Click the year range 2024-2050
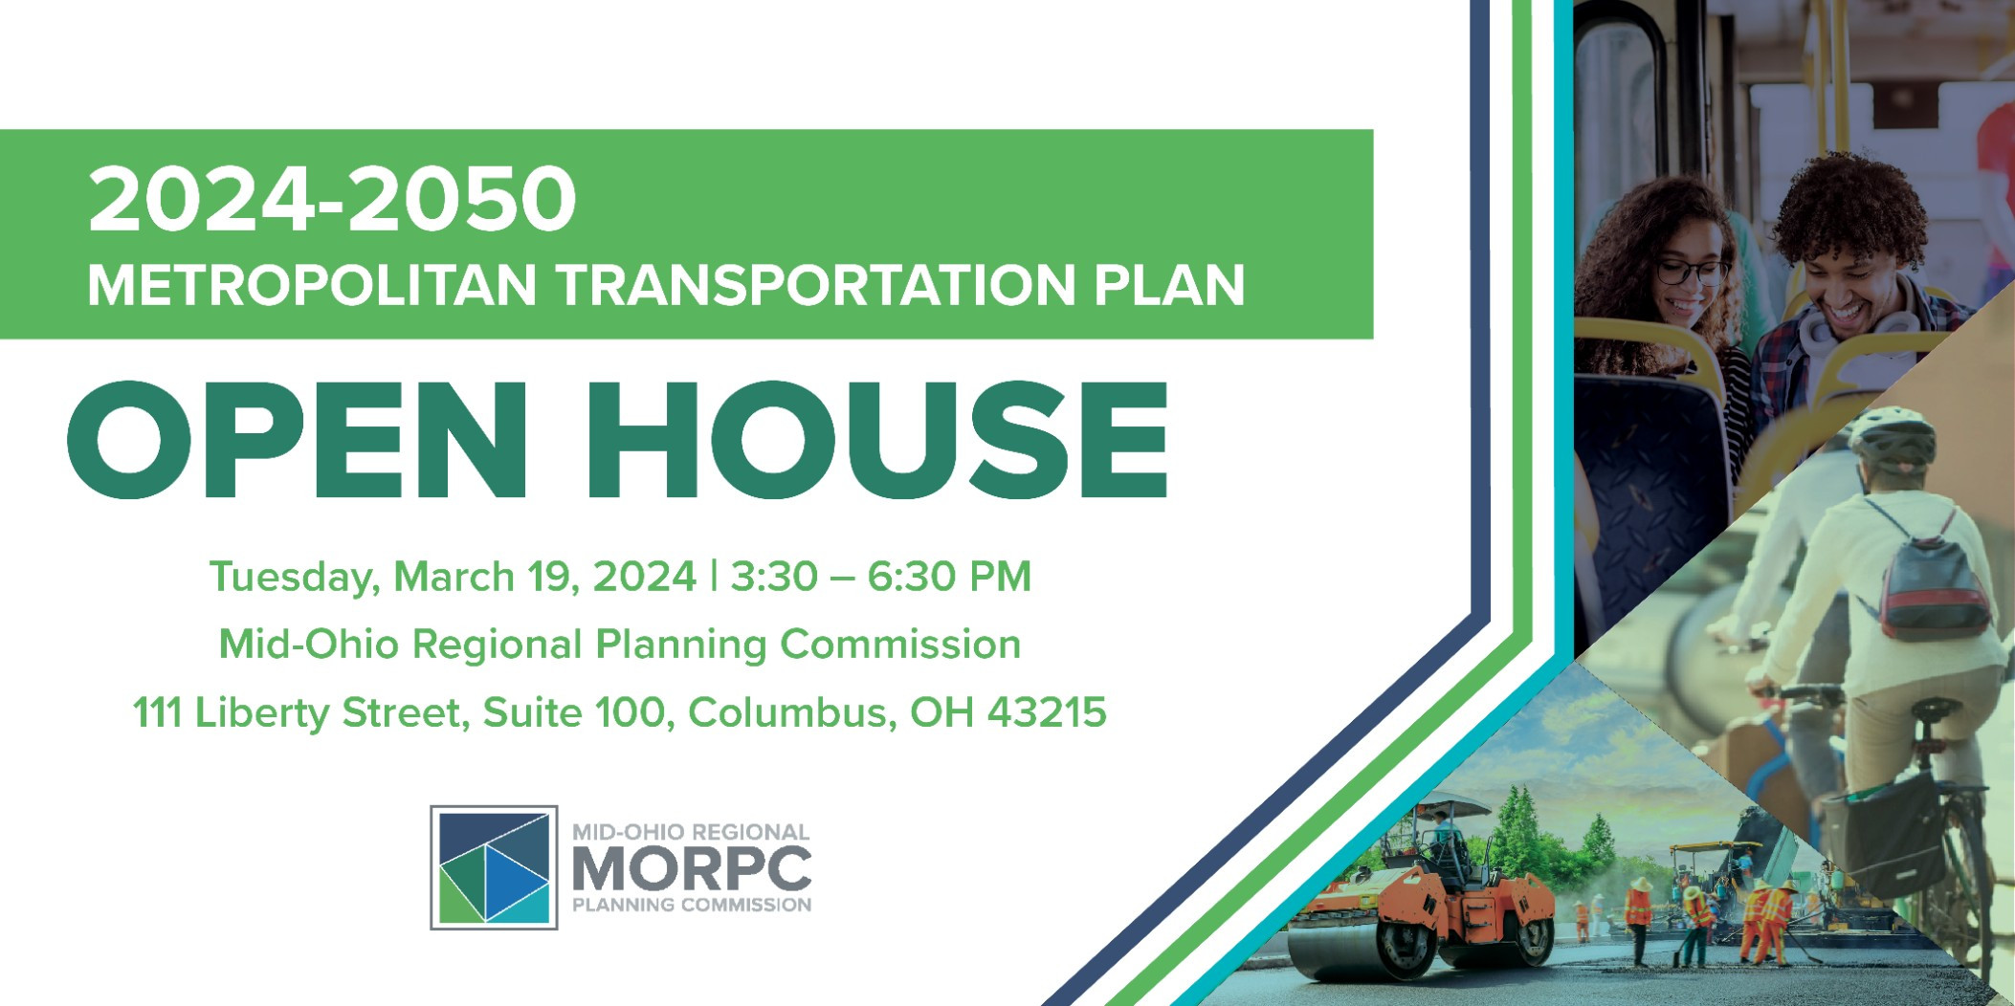pos(332,199)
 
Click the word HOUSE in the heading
pos(877,441)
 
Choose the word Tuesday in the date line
pos(290,578)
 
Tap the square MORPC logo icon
pos(494,867)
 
